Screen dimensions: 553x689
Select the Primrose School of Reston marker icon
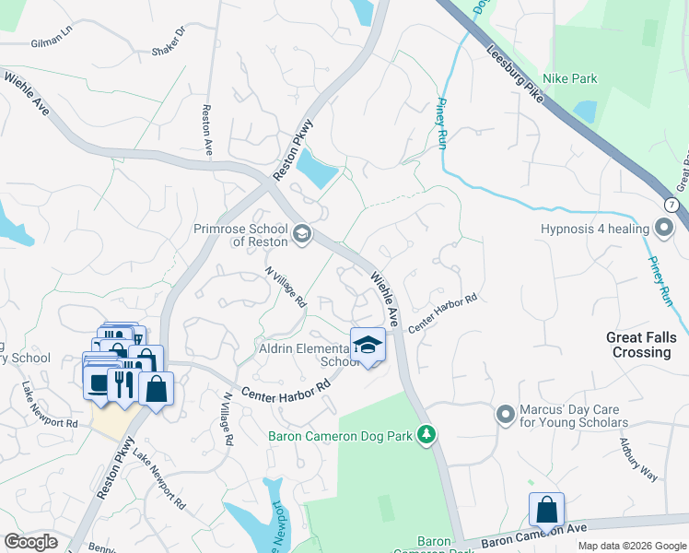300,236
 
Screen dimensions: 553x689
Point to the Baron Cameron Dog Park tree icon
426,433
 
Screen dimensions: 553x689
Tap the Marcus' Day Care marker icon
505,414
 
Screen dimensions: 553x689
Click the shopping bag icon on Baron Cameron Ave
546,510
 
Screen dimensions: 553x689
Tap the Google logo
31,541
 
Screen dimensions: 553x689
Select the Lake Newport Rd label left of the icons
52,410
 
